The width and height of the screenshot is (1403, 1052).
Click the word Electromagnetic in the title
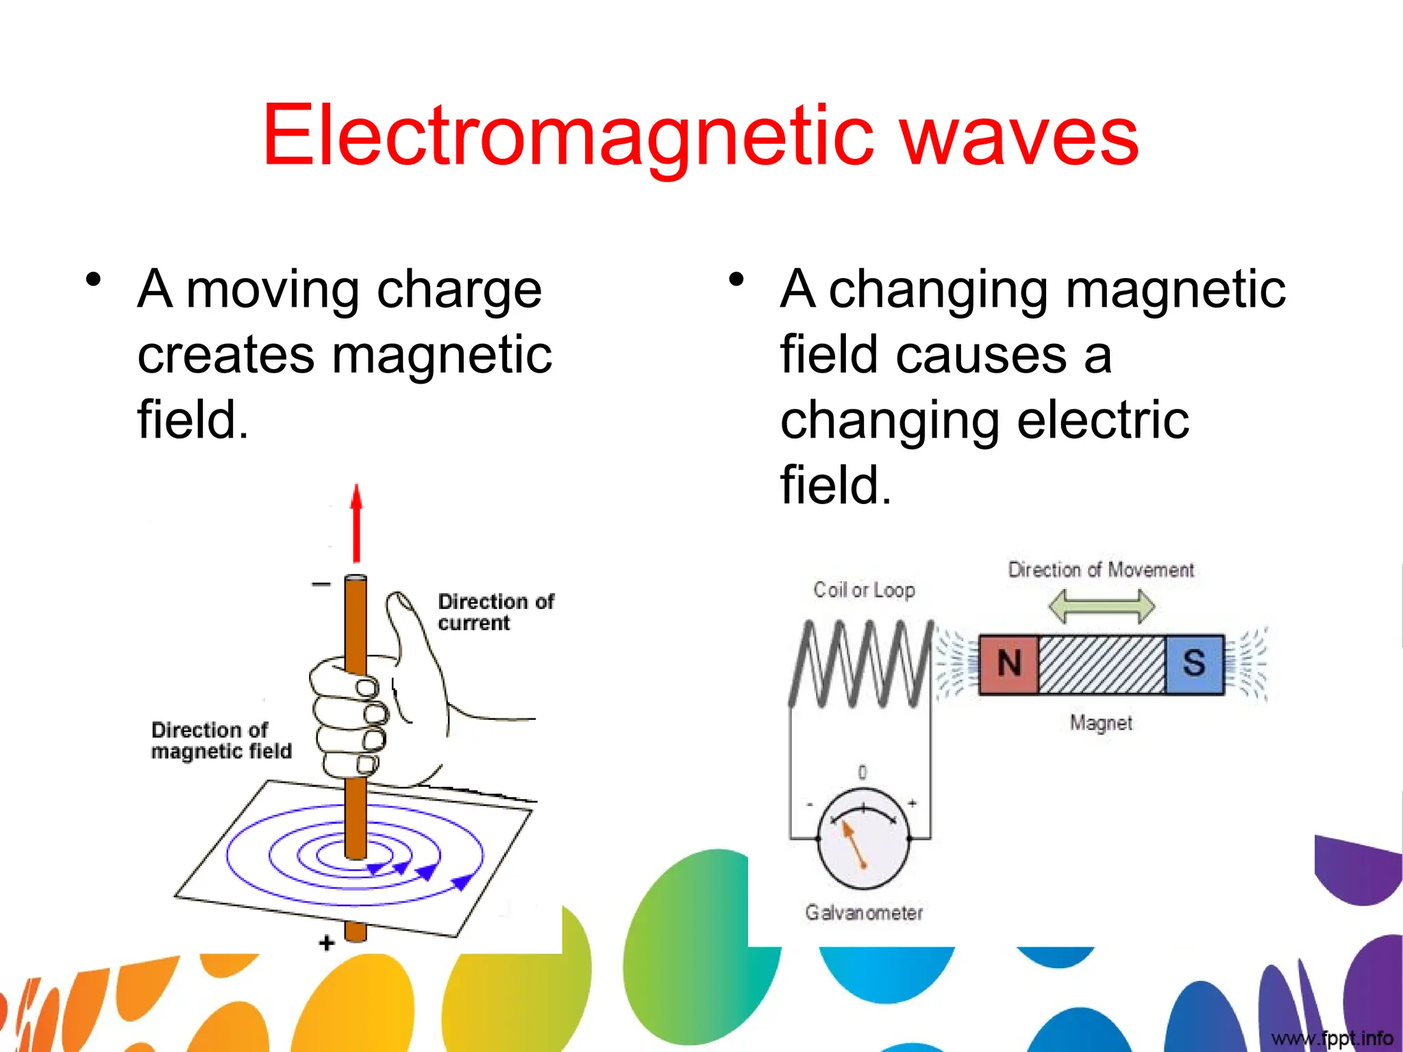(567, 135)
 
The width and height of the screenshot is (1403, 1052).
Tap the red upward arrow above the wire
(356, 524)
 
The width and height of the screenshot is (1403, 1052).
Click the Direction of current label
(495, 612)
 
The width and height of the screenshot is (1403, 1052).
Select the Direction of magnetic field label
(221, 740)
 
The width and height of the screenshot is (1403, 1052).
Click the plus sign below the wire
(327, 943)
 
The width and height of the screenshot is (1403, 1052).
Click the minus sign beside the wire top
(321, 584)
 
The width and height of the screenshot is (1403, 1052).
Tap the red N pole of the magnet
(1009, 664)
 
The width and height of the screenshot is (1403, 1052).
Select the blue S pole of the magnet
(1194, 664)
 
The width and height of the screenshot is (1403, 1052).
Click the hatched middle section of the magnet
(1102, 664)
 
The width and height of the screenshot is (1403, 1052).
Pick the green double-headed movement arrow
(1102, 607)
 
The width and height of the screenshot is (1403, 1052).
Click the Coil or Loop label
(864, 590)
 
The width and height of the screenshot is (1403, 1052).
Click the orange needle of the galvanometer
(854, 844)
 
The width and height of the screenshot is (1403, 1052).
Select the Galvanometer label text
(864, 912)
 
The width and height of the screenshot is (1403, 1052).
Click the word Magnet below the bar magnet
(1101, 723)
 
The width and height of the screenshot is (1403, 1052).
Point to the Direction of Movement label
(1101, 570)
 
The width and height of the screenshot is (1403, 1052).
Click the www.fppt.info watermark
(1332, 1038)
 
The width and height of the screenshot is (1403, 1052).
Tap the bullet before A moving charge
(94, 280)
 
